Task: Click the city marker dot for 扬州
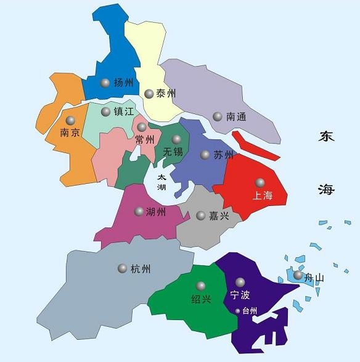point(105,83)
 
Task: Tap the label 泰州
point(166,94)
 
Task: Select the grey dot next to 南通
point(217,116)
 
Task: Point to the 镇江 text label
point(124,112)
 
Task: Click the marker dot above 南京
point(71,120)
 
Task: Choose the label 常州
point(145,140)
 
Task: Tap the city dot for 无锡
point(177,139)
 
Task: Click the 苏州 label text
point(223,154)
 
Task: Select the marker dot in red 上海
point(260,183)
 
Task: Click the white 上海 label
point(261,195)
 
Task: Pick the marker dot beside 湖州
point(139,212)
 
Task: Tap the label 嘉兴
point(219,215)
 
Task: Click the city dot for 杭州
point(122,268)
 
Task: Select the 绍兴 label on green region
point(201,299)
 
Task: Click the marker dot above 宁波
point(239,282)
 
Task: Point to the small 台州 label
point(249,311)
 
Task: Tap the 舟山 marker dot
point(298,275)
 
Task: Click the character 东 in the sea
point(327,137)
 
